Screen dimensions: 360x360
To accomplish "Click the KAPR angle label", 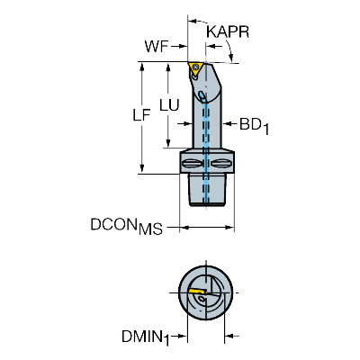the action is [x=228, y=31].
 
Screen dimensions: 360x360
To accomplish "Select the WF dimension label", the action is [x=157, y=47].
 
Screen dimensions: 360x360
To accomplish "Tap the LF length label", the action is [x=141, y=115].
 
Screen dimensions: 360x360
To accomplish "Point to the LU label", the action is [x=169, y=105].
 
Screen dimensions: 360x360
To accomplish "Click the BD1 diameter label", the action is [x=254, y=125].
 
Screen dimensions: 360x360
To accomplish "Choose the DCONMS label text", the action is [x=127, y=226].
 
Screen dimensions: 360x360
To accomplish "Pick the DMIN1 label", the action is [x=146, y=337].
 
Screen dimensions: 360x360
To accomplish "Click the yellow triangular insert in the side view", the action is [x=195, y=68].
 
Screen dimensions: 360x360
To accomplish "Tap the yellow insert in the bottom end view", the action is [x=196, y=292].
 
